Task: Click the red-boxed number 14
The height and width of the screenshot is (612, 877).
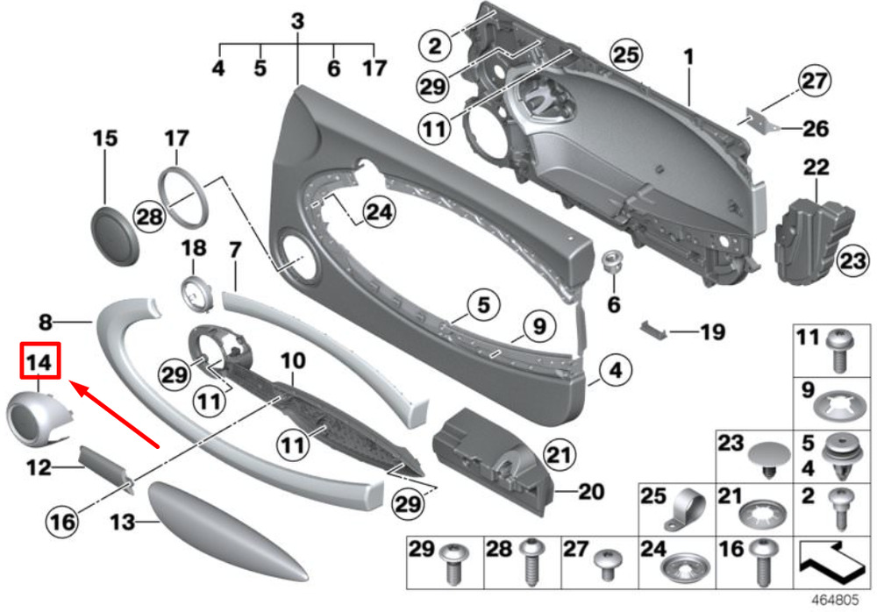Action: [x=39, y=362]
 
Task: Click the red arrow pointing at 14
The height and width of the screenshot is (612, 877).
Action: [x=114, y=414]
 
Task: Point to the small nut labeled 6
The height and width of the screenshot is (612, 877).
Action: [x=612, y=264]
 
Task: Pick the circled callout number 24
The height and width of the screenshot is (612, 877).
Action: [x=379, y=212]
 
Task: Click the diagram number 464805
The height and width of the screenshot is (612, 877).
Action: [x=834, y=600]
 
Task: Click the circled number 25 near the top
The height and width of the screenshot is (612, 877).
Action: [x=625, y=55]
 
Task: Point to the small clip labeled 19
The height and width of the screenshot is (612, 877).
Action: [x=654, y=330]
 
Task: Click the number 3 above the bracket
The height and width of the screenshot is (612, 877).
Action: [x=297, y=21]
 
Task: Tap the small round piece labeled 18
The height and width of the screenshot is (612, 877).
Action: [x=196, y=291]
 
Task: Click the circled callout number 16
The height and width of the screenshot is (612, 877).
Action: [x=61, y=522]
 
